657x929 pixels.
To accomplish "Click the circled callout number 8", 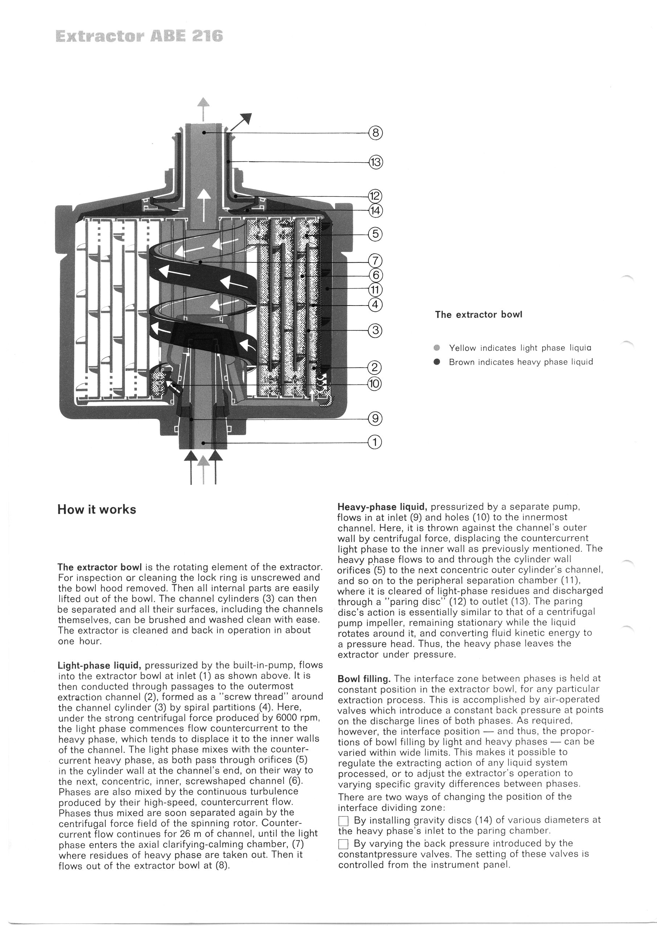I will point(375,133).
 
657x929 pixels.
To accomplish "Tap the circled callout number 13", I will point(375,163).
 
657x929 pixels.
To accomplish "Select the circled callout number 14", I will point(375,210).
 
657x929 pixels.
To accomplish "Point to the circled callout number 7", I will point(375,260).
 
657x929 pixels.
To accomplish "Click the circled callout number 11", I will point(375,290).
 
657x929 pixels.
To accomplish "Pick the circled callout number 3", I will point(375,331).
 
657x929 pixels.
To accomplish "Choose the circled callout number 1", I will point(375,442).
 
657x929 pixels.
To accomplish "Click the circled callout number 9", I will point(375,418).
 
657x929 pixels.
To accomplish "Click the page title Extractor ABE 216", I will point(139,36).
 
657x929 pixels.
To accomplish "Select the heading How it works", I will point(97,509).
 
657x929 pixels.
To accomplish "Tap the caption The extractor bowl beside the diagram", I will point(478,314).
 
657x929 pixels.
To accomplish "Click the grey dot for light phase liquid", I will point(436,348).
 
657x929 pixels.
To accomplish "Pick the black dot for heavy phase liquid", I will point(436,362).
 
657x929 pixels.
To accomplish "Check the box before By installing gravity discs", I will point(343,821).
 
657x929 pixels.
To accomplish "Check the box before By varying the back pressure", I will point(343,844).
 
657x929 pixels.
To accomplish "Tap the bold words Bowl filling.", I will point(364,679).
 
